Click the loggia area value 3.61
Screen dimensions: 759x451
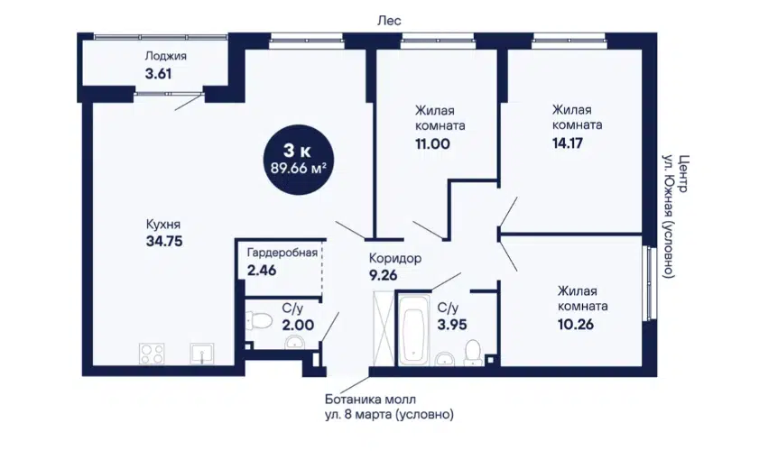tap(158, 74)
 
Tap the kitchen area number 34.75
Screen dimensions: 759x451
tap(164, 241)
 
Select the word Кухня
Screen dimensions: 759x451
tap(163, 225)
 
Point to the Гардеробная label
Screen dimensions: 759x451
tap(282, 253)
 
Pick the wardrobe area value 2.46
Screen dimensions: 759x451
tap(262, 270)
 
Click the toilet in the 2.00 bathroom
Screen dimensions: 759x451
tap(255, 320)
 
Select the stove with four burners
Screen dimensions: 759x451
tap(152, 354)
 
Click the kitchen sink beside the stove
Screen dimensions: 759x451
tap(202, 354)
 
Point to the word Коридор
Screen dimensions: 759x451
tap(395, 258)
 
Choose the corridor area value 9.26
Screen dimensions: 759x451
tap(383, 275)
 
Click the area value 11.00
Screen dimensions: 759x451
tap(432, 144)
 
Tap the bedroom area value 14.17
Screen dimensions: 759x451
tap(568, 143)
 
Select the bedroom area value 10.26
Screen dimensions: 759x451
tap(576, 324)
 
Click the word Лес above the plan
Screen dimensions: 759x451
tap(390, 21)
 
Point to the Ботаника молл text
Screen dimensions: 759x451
tap(370, 400)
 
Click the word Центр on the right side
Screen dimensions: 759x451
tap(683, 174)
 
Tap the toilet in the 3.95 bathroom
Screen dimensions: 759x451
tap(472, 352)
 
